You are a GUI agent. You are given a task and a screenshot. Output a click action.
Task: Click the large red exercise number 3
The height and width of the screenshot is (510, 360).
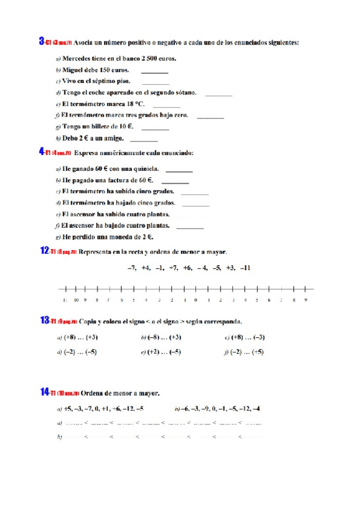41,41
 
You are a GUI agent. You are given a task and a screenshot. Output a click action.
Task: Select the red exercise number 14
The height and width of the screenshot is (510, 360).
44,392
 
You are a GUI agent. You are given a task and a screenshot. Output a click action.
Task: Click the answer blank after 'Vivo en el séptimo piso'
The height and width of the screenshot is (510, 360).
156,82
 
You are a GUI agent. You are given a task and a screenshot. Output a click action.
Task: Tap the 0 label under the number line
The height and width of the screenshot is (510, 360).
196,299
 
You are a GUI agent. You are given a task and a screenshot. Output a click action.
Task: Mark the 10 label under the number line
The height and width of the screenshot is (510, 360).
76,299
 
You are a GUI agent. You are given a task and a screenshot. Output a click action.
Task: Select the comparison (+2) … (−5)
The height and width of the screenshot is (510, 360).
164,352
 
